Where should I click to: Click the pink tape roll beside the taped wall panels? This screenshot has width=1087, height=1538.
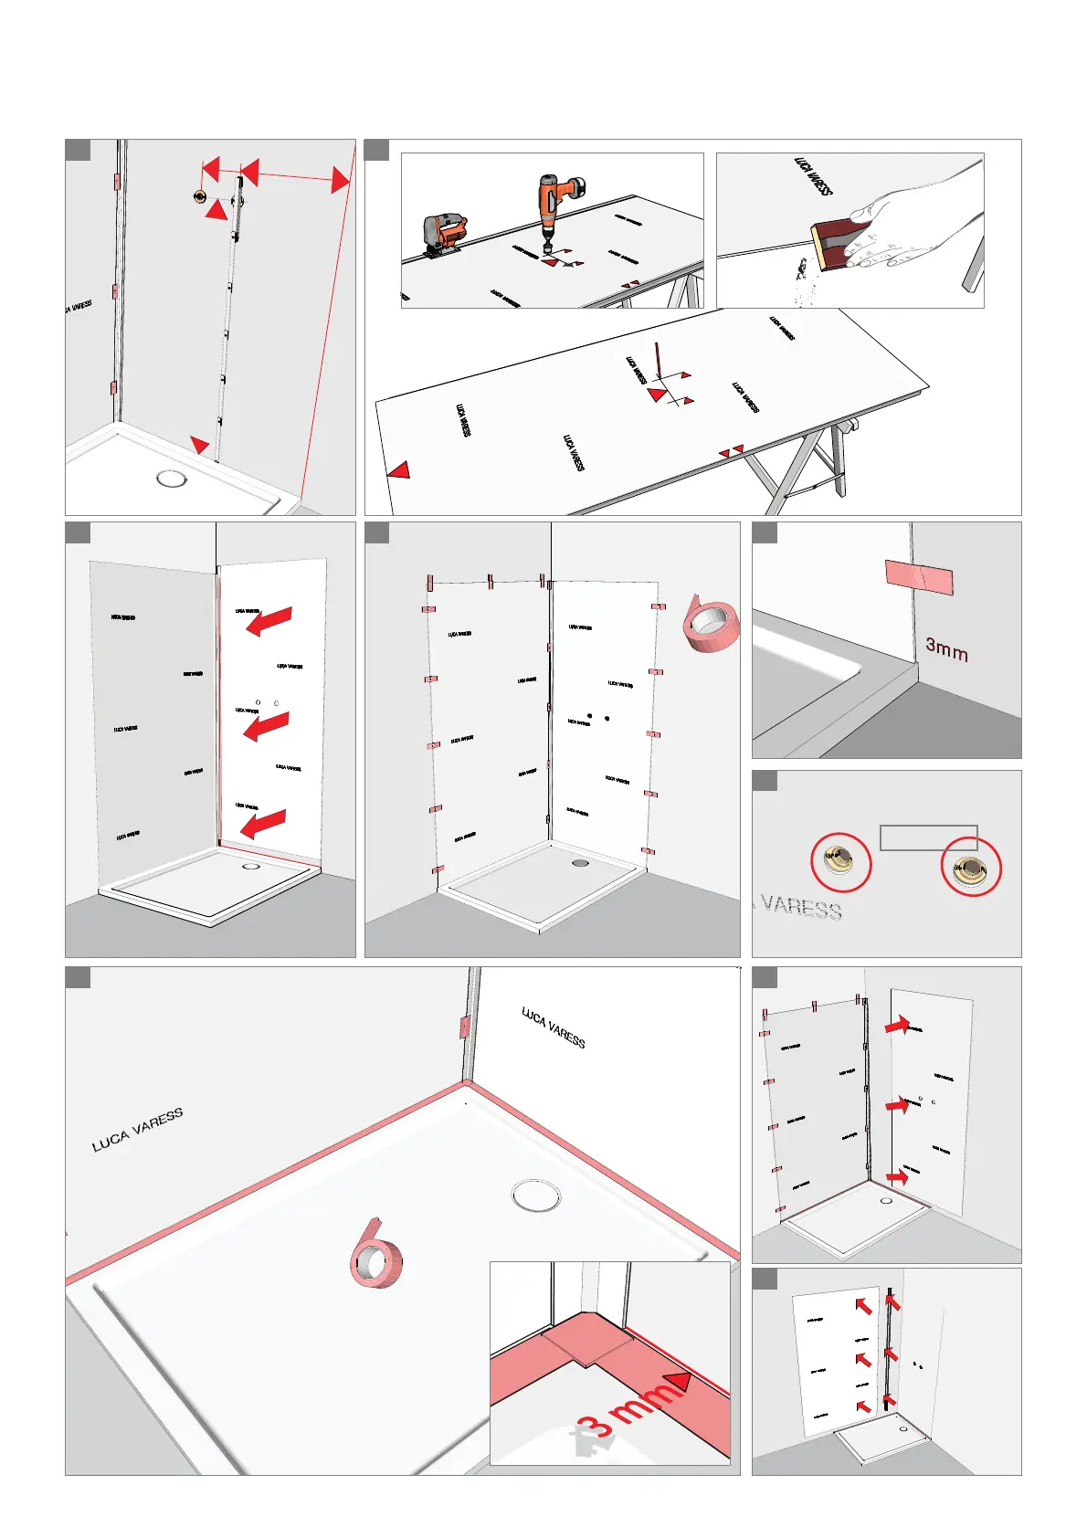tap(711, 625)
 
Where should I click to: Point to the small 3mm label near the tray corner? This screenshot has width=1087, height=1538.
tap(946, 649)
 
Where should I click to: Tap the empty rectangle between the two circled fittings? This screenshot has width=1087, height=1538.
tap(928, 837)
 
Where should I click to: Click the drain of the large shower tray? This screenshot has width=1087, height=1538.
tap(536, 1195)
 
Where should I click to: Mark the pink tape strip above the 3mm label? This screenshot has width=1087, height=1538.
tap(919, 577)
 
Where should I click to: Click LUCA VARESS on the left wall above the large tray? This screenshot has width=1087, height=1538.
tap(137, 1129)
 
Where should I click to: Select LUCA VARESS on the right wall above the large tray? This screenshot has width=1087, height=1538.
tap(554, 1027)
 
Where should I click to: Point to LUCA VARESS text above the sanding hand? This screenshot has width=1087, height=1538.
tap(813, 176)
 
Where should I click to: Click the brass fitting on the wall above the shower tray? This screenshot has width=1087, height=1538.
tap(199, 196)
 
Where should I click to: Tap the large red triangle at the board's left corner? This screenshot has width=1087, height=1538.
tap(399, 470)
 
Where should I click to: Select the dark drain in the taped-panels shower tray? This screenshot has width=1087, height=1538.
tap(580, 861)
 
